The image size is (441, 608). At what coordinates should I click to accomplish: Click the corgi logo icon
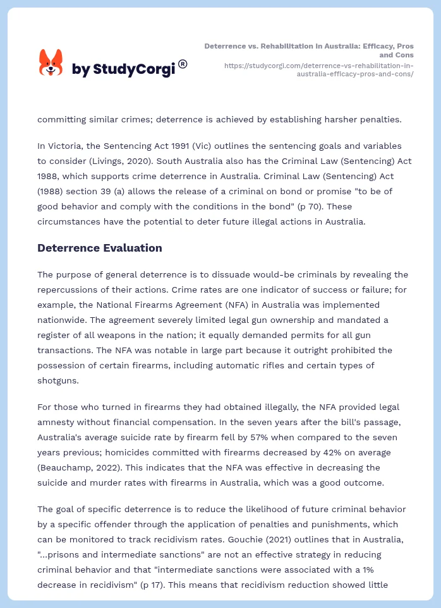[x=51, y=64]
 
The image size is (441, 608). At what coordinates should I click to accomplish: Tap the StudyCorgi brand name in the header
[x=123, y=69]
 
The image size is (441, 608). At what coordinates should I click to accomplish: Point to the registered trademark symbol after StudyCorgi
[x=183, y=64]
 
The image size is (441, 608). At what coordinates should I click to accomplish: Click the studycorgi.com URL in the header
[x=319, y=69]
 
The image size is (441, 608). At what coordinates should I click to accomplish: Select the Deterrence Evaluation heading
[x=100, y=248]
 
